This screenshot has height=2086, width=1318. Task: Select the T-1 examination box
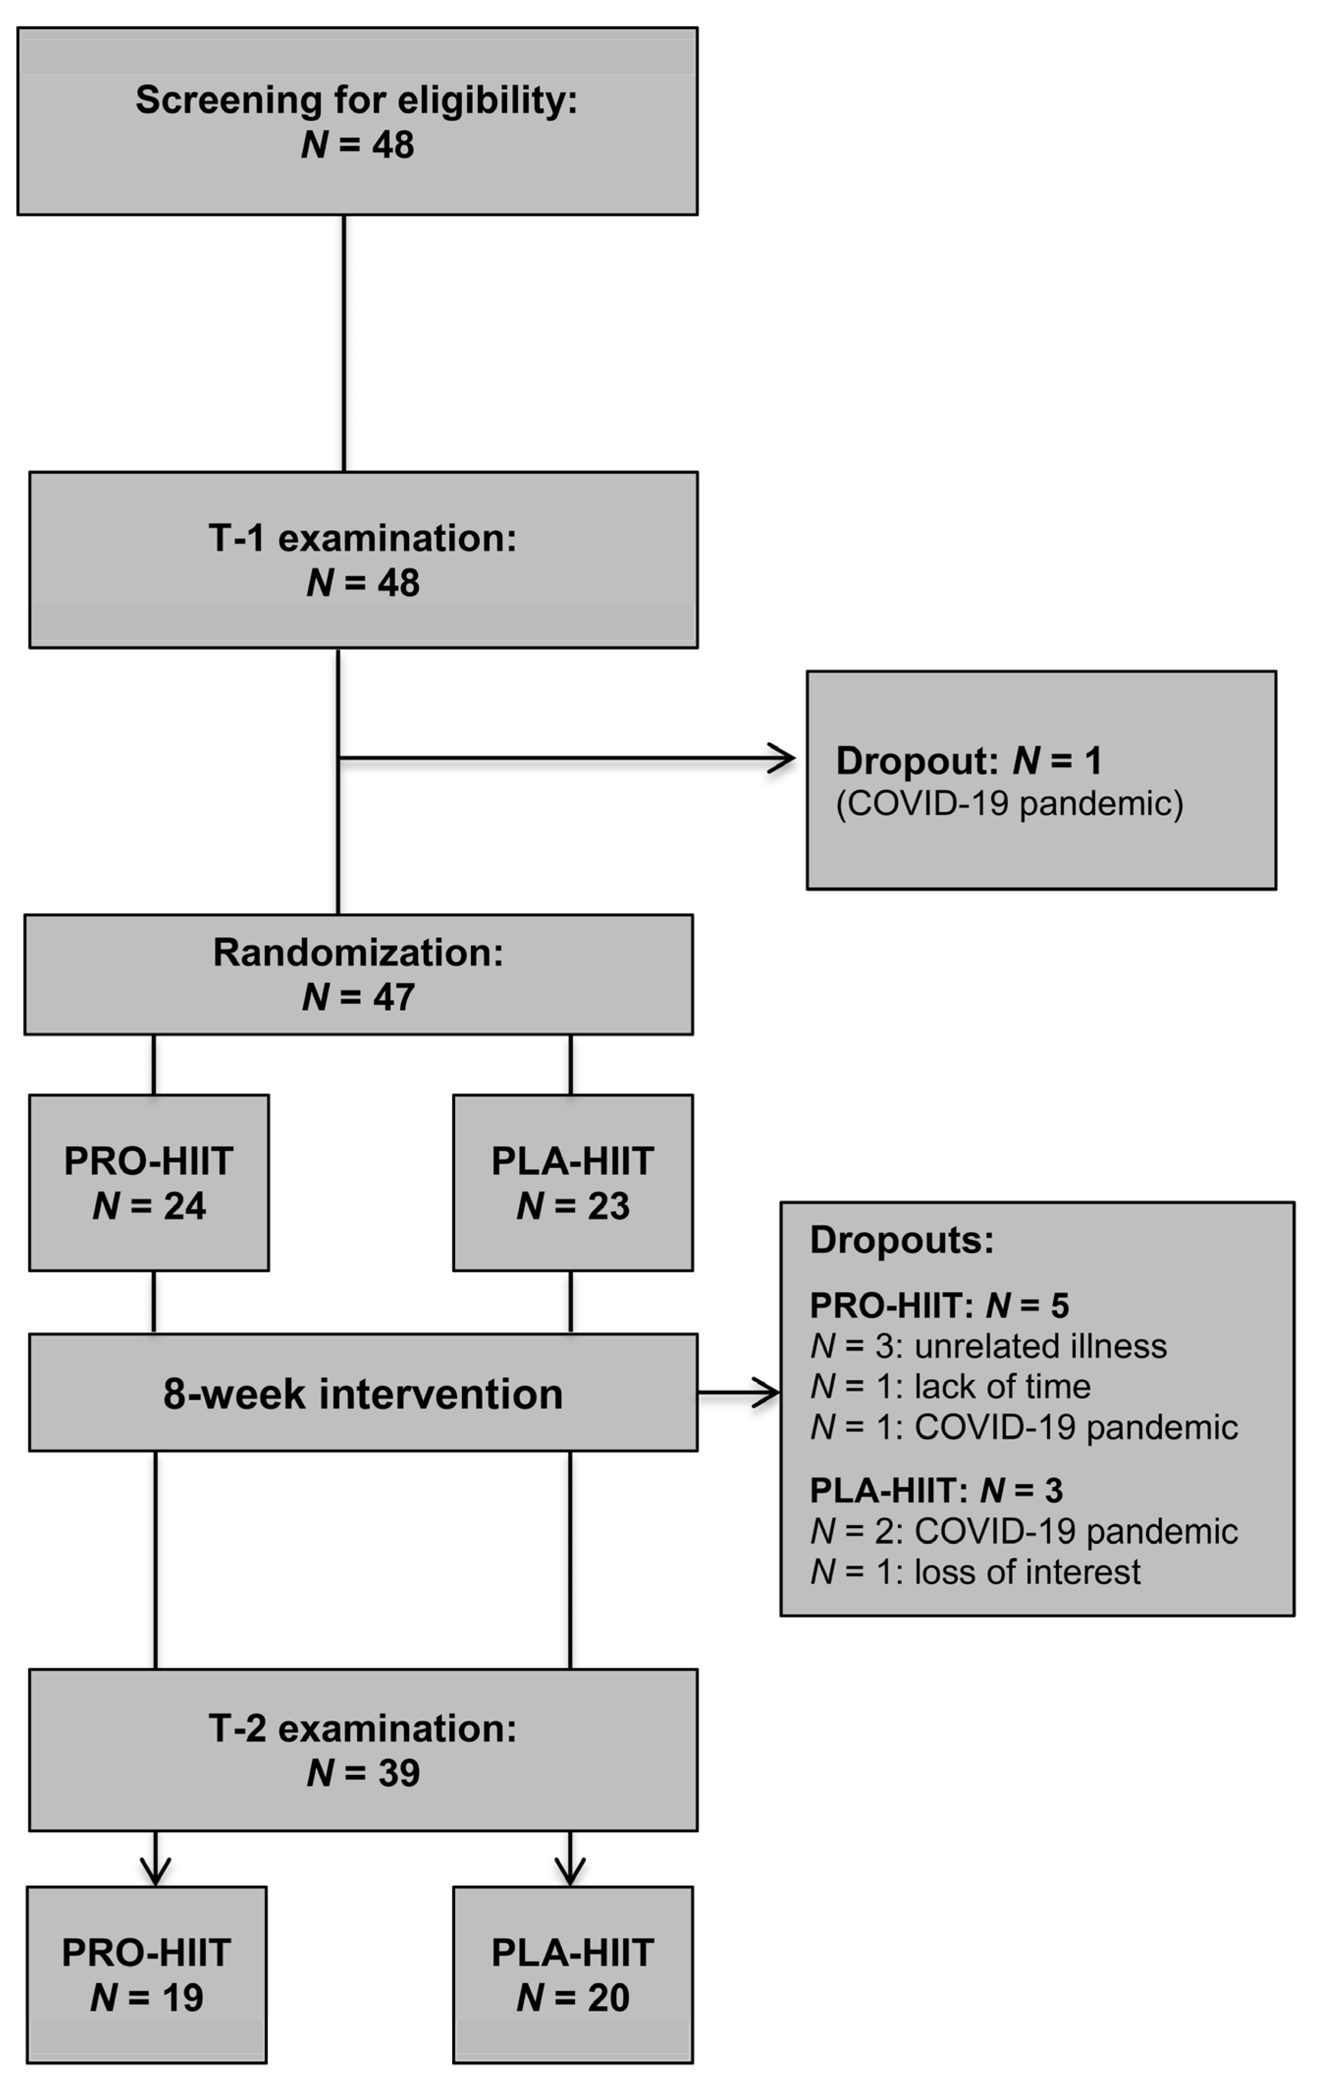click(363, 560)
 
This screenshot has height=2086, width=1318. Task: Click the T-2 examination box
click(363, 1750)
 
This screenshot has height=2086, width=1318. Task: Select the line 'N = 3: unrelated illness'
click(988, 1346)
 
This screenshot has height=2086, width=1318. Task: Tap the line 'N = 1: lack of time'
click(950, 1387)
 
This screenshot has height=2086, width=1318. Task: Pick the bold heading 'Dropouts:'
click(902, 1240)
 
